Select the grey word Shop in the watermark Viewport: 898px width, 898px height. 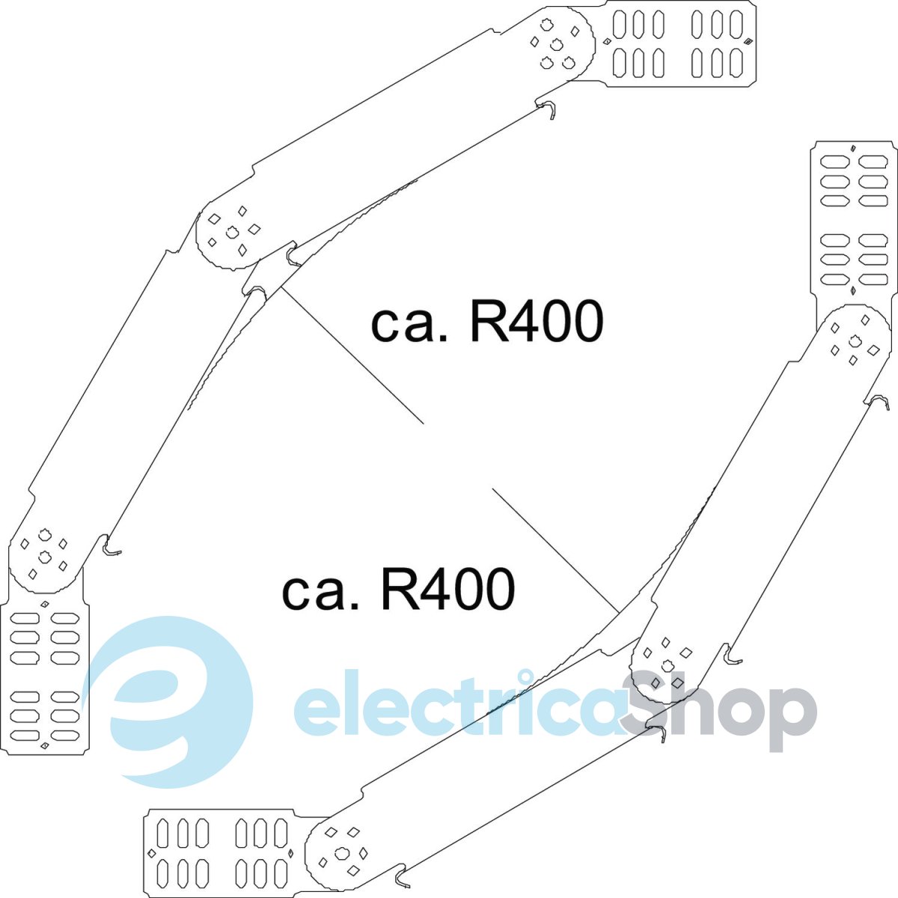[x=719, y=708]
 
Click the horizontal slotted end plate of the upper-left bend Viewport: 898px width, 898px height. [x=678, y=44]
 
